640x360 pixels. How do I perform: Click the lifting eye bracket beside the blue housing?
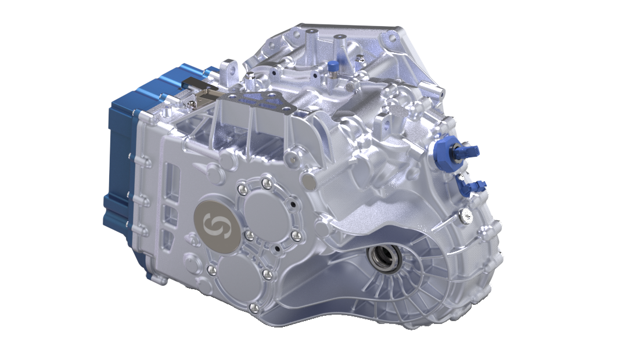pyautogui.click(x=229, y=70)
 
